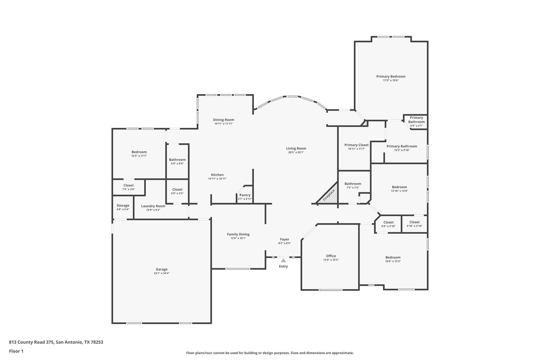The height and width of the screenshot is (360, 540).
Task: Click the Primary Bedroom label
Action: pyautogui.click(x=390, y=76)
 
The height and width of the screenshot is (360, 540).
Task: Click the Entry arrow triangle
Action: pyautogui.click(x=283, y=261)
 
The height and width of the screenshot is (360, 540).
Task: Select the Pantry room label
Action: pyautogui.click(x=245, y=195)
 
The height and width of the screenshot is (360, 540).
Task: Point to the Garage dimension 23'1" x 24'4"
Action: pyautogui.click(x=161, y=273)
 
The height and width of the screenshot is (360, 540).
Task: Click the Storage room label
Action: pyautogui.click(x=123, y=205)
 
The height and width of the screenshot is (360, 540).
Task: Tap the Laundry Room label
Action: pyautogui.click(x=153, y=206)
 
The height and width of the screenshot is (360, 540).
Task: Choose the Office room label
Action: pyautogui.click(x=331, y=256)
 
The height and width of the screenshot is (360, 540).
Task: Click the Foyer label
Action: pyautogui.click(x=284, y=239)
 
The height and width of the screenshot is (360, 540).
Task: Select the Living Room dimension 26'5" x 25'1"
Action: pyautogui.click(x=296, y=152)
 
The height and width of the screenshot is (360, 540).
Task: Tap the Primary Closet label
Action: pyautogui.click(x=356, y=145)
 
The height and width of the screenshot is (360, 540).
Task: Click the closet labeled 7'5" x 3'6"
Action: pyautogui.click(x=128, y=185)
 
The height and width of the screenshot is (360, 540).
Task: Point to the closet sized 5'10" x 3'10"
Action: pyautogui.click(x=414, y=222)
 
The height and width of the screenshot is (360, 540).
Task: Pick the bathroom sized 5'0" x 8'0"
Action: pyautogui.click(x=177, y=160)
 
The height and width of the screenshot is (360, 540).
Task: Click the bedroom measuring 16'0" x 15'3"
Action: pyautogui.click(x=393, y=257)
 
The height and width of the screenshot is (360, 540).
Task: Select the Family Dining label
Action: pyautogui.click(x=238, y=234)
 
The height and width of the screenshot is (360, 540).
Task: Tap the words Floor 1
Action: pyautogui.click(x=16, y=351)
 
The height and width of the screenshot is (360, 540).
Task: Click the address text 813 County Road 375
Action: pyautogui.click(x=32, y=342)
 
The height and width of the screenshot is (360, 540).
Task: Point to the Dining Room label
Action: pyautogui.click(x=223, y=120)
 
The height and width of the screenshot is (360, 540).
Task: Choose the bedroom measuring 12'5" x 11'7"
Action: pyautogui.click(x=139, y=152)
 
